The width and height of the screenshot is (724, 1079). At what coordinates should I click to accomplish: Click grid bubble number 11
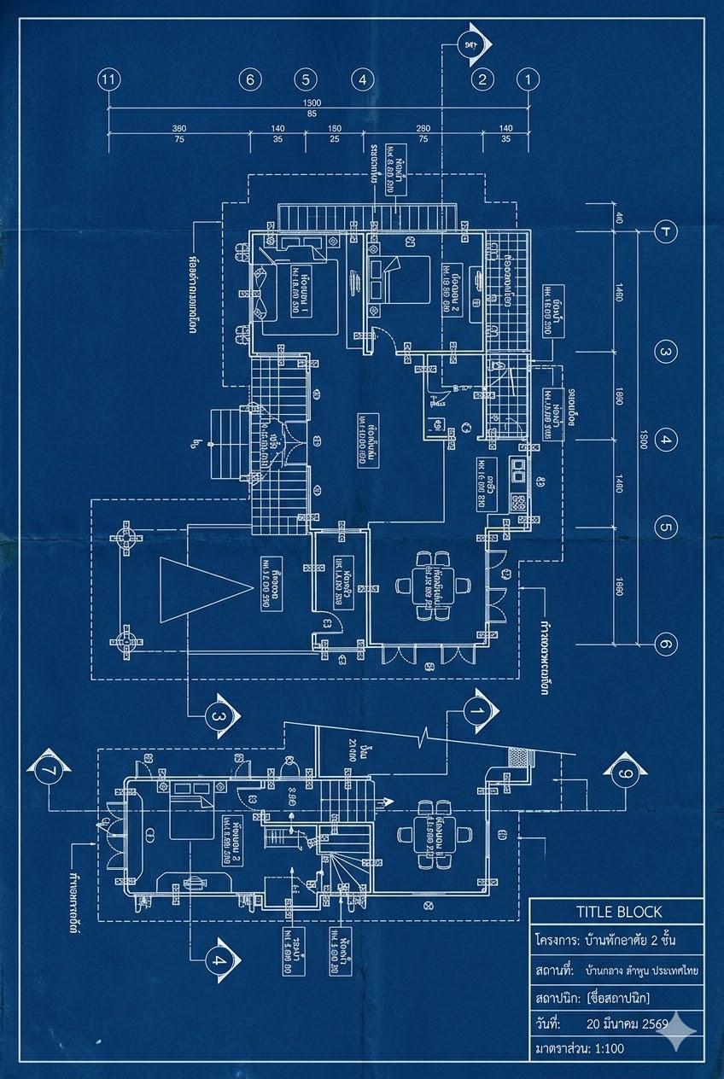click(x=108, y=79)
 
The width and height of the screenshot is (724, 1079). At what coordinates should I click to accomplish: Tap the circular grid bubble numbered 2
click(x=482, y=80)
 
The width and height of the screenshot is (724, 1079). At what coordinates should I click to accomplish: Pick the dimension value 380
click(x=179, y=128)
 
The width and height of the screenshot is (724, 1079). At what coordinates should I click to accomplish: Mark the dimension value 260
click(x=423, y=128)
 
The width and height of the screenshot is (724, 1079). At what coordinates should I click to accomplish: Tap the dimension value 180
click(x=335, y=128)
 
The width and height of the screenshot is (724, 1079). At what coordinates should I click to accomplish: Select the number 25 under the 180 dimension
click(x=335, y=138)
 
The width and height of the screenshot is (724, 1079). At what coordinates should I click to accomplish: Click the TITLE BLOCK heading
click(x=618, y=912)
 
